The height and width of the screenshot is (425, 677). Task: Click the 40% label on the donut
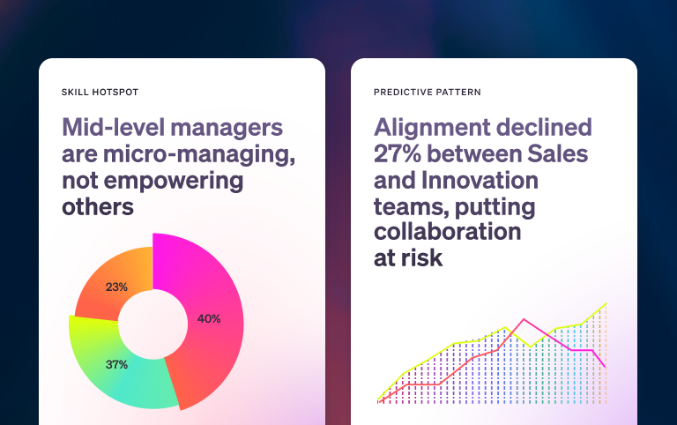(209, 318)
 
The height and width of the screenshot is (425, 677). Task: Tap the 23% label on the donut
(116, 287)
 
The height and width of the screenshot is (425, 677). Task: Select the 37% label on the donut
(117, 364)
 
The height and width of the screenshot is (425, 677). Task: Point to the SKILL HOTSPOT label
(100, 92)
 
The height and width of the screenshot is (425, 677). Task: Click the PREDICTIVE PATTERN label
(428, 92)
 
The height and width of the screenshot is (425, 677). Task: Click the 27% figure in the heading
(401, 153)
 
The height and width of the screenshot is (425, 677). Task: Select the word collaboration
(447, 232)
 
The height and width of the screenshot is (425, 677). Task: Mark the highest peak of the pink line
(524, 319)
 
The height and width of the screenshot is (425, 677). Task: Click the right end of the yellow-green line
(606, 303)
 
